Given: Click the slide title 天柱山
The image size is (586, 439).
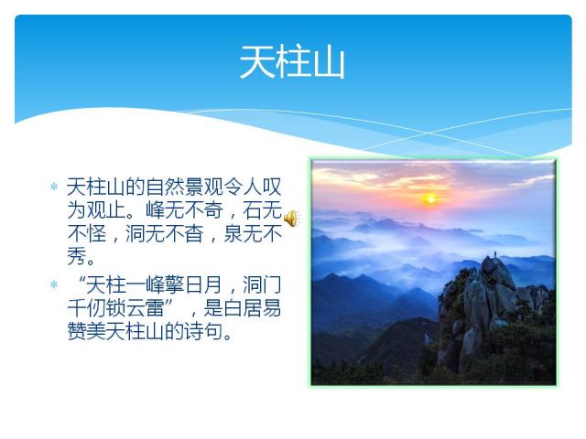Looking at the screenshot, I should tap(292, 63).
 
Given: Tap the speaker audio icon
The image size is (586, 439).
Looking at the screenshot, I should tap(290, 218).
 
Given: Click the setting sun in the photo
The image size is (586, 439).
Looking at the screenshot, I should tap(429, 197).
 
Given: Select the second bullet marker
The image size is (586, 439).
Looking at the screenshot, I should tap(53, 284).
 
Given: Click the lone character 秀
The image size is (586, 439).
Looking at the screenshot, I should tap(77, 257).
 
